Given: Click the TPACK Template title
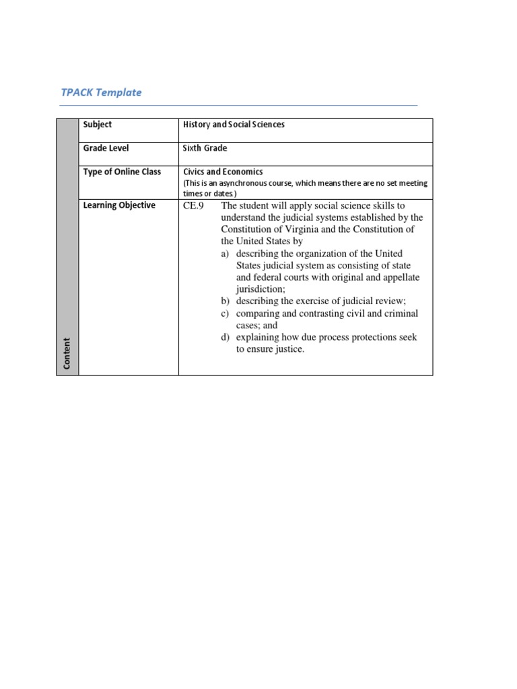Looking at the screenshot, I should click(x=101, y=92).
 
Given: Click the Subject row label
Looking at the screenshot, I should click(x=98, y=124).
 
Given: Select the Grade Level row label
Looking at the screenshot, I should click(x=106, y=148).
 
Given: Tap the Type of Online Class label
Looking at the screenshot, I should click(x=122, y=172).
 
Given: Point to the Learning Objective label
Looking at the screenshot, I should click(x=119, y=205).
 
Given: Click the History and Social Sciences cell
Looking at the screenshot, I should click(x=234, y=124).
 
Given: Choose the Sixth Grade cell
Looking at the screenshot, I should click(x=205, y=148).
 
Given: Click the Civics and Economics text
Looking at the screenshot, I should click(x=223, y=172).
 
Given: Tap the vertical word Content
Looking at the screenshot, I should click(x=67, y=353).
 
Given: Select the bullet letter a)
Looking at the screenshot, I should click(x=226, y=254).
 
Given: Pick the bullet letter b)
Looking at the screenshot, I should click(x=226, y=301).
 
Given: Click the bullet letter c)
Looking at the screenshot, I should click(x=226, y=313).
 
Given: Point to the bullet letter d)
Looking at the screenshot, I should click(x=226, y=337).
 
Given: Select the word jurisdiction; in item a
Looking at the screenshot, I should click(x=261, y=289).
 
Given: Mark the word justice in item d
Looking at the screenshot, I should click(x=289, y=349).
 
